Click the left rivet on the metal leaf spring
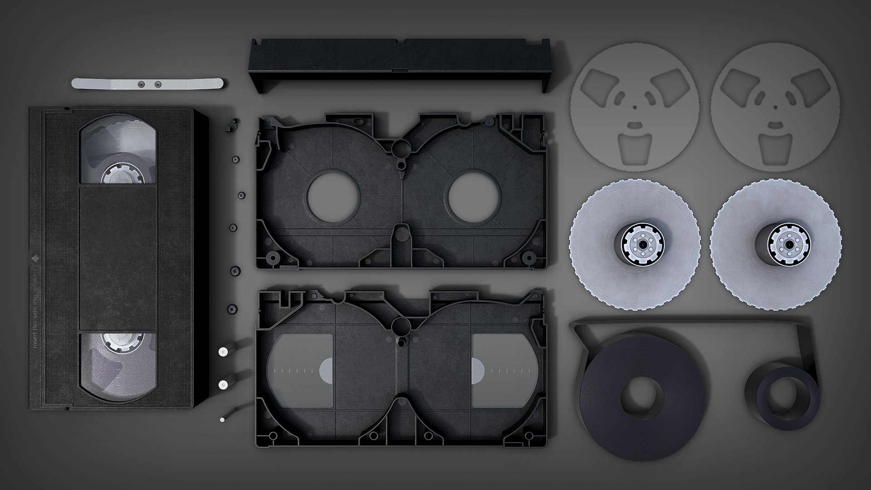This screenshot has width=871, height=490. [140, 84]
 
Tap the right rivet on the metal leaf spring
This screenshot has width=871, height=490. [157, 84]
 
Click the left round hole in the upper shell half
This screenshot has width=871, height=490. [333, 196]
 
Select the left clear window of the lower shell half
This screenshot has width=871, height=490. [300, 370]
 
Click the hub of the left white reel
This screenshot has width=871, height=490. [642, 244]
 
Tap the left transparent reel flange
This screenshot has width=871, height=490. [635, 107]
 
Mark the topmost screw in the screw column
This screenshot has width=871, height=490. [235, 159]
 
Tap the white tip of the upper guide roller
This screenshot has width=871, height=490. [223, 352]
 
